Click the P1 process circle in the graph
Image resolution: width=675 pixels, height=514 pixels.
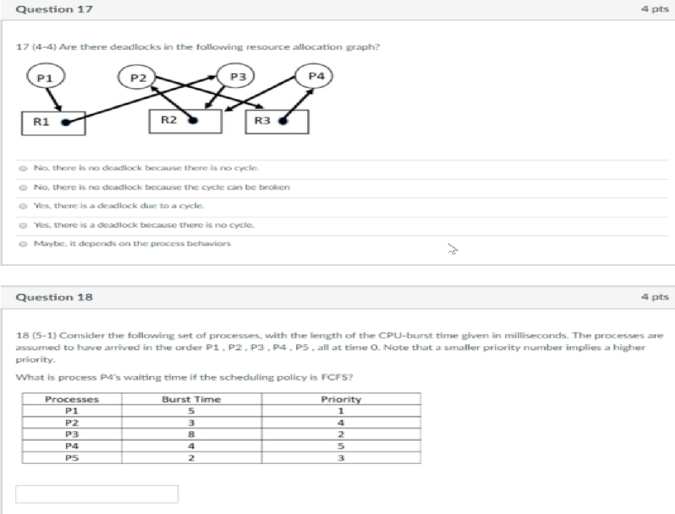(46, 78)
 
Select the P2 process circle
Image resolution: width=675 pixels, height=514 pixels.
(137, 78)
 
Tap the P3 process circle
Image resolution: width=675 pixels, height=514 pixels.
(237, 77)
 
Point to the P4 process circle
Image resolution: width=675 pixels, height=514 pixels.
(315, 76)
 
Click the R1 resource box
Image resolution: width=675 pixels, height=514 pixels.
(53, 123)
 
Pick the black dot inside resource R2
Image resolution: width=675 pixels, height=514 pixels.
(193, 121)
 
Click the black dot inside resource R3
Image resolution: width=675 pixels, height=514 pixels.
(283, 121)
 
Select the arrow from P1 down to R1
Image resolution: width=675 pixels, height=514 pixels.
(55, 99)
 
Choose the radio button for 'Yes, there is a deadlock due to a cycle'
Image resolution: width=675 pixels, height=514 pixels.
(22, 206)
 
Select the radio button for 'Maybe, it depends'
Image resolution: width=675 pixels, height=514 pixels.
(22, 244)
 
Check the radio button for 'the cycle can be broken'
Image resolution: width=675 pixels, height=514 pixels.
(22, 188)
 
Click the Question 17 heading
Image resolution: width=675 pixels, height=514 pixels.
(54, 9)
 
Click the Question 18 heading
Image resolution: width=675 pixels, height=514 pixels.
(54, 297)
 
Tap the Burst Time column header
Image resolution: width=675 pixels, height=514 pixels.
(191, 399)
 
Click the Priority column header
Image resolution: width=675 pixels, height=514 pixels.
(341, 399)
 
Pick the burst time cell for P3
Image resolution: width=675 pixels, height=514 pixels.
(191, 434)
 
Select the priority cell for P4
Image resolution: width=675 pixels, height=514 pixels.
(341, 446)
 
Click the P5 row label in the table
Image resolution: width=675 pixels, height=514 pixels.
(72, 458)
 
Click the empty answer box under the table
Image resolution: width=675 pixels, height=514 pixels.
(97, 494)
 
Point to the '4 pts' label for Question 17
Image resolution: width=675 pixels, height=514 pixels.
(654, 9)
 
